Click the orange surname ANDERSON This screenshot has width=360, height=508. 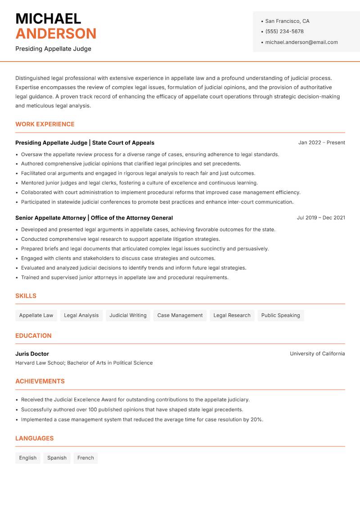click(56, 34)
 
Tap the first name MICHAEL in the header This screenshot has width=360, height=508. click(48, 18)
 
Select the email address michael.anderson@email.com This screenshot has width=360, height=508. click(301, 42)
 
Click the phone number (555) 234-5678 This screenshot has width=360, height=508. click(284, 31)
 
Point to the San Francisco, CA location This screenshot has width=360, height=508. click(287, 21)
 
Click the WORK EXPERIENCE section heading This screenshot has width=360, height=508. click(45, 124)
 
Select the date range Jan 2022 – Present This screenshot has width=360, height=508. click(321, 143)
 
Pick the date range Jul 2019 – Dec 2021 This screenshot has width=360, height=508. click(321, 218)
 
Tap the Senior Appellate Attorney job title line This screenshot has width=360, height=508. click(94, 218)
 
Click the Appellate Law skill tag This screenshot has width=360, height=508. click(36, 315)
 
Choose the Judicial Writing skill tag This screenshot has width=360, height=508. click(128, 315)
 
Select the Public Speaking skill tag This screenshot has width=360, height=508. click(280, 315)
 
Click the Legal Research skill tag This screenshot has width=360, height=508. click(232, 315)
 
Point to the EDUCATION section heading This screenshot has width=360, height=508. click(33, 335)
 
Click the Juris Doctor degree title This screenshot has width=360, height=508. click(32, 354)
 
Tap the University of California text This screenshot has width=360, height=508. click(317, 354)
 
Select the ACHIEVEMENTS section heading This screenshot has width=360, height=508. click(40, 381)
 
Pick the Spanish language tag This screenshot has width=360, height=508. click(57, 458)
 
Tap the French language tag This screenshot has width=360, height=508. click(85, 458)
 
